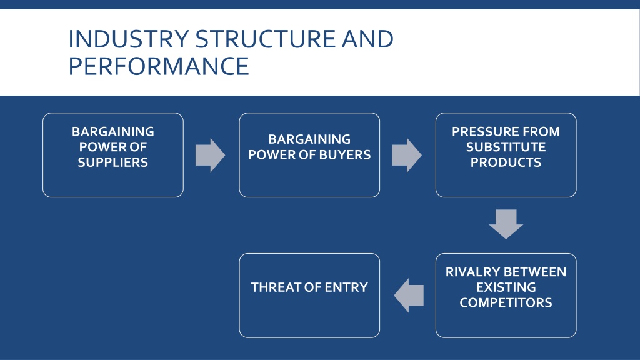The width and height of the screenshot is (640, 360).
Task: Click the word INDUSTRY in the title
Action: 129,39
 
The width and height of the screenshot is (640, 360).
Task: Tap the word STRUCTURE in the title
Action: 266,39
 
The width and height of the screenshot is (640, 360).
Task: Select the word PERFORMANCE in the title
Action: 159,66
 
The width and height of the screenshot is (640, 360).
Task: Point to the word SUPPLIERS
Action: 113,162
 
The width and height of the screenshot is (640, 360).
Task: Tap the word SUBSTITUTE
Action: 506,147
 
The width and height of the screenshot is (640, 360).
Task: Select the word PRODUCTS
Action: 506,162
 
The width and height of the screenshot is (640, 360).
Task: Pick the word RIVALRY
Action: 470,272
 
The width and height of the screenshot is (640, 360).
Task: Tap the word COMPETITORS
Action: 506,303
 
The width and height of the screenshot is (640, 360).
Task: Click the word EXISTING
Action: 506,287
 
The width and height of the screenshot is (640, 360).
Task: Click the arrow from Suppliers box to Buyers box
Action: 210,155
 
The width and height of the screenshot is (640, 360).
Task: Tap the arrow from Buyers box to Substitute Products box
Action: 407,155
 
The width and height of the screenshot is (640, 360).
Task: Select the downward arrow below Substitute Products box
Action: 506,224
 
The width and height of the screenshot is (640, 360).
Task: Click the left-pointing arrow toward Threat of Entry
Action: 409,296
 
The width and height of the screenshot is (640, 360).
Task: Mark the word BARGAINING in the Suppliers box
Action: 113,131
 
